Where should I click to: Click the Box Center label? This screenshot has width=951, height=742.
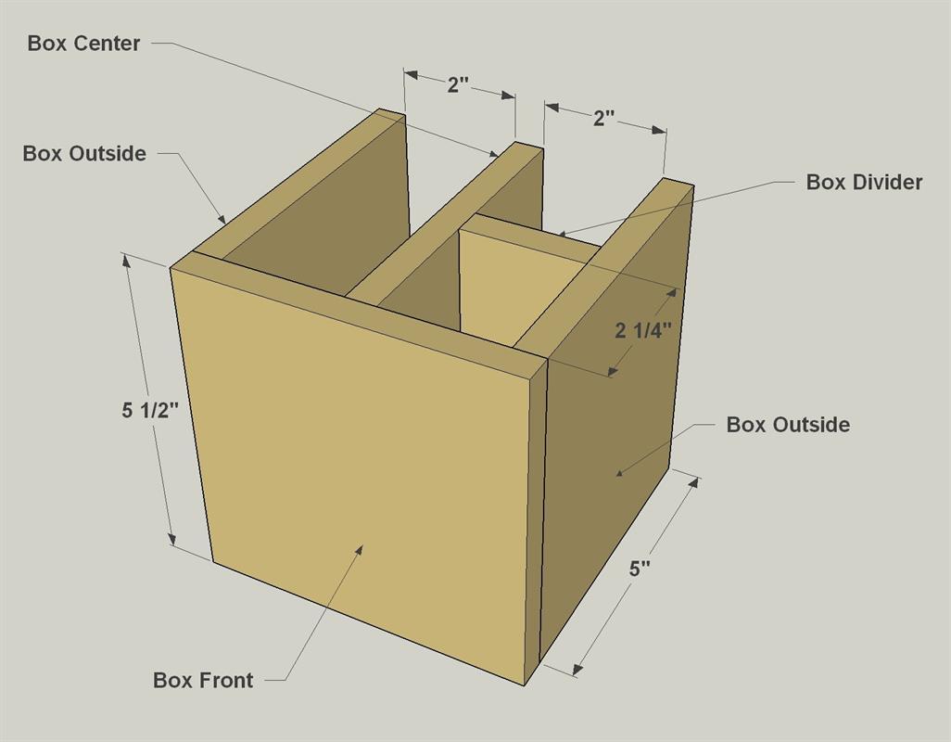click(83, 44)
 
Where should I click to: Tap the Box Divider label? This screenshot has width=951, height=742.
click(864, 182)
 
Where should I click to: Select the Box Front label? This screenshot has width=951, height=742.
click(203, 680)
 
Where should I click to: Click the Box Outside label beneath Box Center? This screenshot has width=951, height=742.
click(84, 153)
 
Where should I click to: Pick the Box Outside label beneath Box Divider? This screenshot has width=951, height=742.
click(788, 425)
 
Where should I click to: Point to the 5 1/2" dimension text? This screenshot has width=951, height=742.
click(150, 411)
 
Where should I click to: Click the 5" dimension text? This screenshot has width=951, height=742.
click(640, 569)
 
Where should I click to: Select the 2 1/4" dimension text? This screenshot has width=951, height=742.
click(643, 331)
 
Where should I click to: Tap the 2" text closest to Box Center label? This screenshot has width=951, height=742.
click(459, 85)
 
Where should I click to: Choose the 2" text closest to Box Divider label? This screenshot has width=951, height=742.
click(604, 119)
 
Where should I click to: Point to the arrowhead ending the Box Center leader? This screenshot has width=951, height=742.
click(492, 153)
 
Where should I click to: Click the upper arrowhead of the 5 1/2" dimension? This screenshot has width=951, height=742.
click(127, 261)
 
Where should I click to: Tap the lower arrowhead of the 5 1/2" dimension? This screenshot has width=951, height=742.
click(172, 538)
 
